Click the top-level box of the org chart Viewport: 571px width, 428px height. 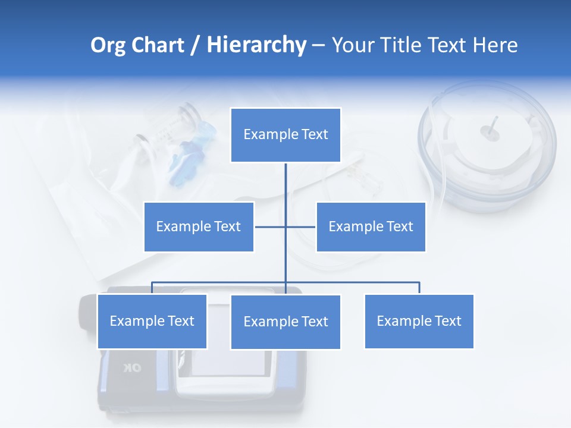[285, 135]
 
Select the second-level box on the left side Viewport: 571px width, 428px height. [199, 226]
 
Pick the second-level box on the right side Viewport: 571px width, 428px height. [371, 226]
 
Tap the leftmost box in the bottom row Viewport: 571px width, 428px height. [152, 322]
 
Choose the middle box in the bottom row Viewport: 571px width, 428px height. [285, 322]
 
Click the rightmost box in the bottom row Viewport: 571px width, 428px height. [419, 322]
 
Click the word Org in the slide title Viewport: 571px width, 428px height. [108, 45]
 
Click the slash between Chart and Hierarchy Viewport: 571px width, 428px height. [195, 46]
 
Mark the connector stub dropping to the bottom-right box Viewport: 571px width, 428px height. [419, 288]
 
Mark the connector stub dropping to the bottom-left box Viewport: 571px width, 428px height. [152, 288]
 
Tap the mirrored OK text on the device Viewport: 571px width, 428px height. [132, 368]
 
